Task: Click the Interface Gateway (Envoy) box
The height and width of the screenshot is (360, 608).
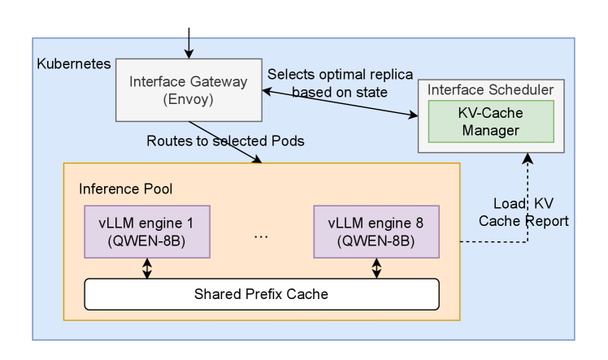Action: [x=188, y=89]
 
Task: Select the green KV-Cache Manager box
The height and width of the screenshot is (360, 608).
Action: [x=491, y=121]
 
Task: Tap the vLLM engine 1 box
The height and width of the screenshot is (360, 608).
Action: [x=147, y=232]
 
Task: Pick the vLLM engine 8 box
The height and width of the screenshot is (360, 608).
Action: [x=376, y=232]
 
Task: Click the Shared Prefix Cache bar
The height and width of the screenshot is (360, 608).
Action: [x=261, y=294]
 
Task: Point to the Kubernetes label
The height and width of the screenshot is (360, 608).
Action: [x=74, y=63]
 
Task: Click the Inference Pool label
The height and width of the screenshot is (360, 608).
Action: [x=125, y=189]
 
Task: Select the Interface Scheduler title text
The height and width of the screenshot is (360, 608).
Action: [x=491, y=89]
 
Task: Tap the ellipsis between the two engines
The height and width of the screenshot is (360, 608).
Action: [x=261, y=236]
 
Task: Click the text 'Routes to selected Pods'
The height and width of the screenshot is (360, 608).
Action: [x=225, y=141]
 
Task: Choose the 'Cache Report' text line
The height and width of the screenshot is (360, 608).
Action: [x=523, y=221]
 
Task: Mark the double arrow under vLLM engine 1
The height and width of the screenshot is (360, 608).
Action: [x=147, y=268]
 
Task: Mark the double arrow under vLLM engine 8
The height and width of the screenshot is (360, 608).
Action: [x=376, y=268]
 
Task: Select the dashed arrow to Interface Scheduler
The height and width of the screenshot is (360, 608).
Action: [x=528, y=203]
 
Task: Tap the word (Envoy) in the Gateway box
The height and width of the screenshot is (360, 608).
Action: [x=188, y=99]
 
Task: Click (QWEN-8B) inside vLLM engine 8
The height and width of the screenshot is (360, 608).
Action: [x=376, y=241]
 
